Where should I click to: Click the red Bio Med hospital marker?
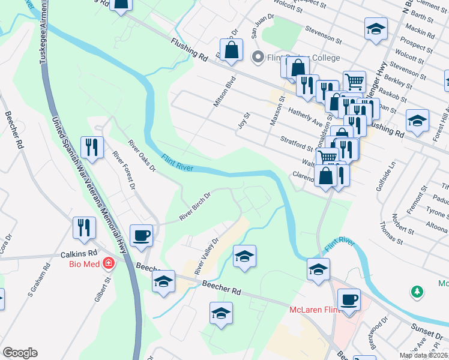(108, 263)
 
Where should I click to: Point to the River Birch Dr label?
(196, 206)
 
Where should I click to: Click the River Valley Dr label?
(206, 256)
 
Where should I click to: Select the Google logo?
(20, 353)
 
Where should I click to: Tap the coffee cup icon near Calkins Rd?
(142, 235)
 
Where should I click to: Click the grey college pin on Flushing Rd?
(258, 58)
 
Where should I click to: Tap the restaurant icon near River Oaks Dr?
(92, 146)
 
